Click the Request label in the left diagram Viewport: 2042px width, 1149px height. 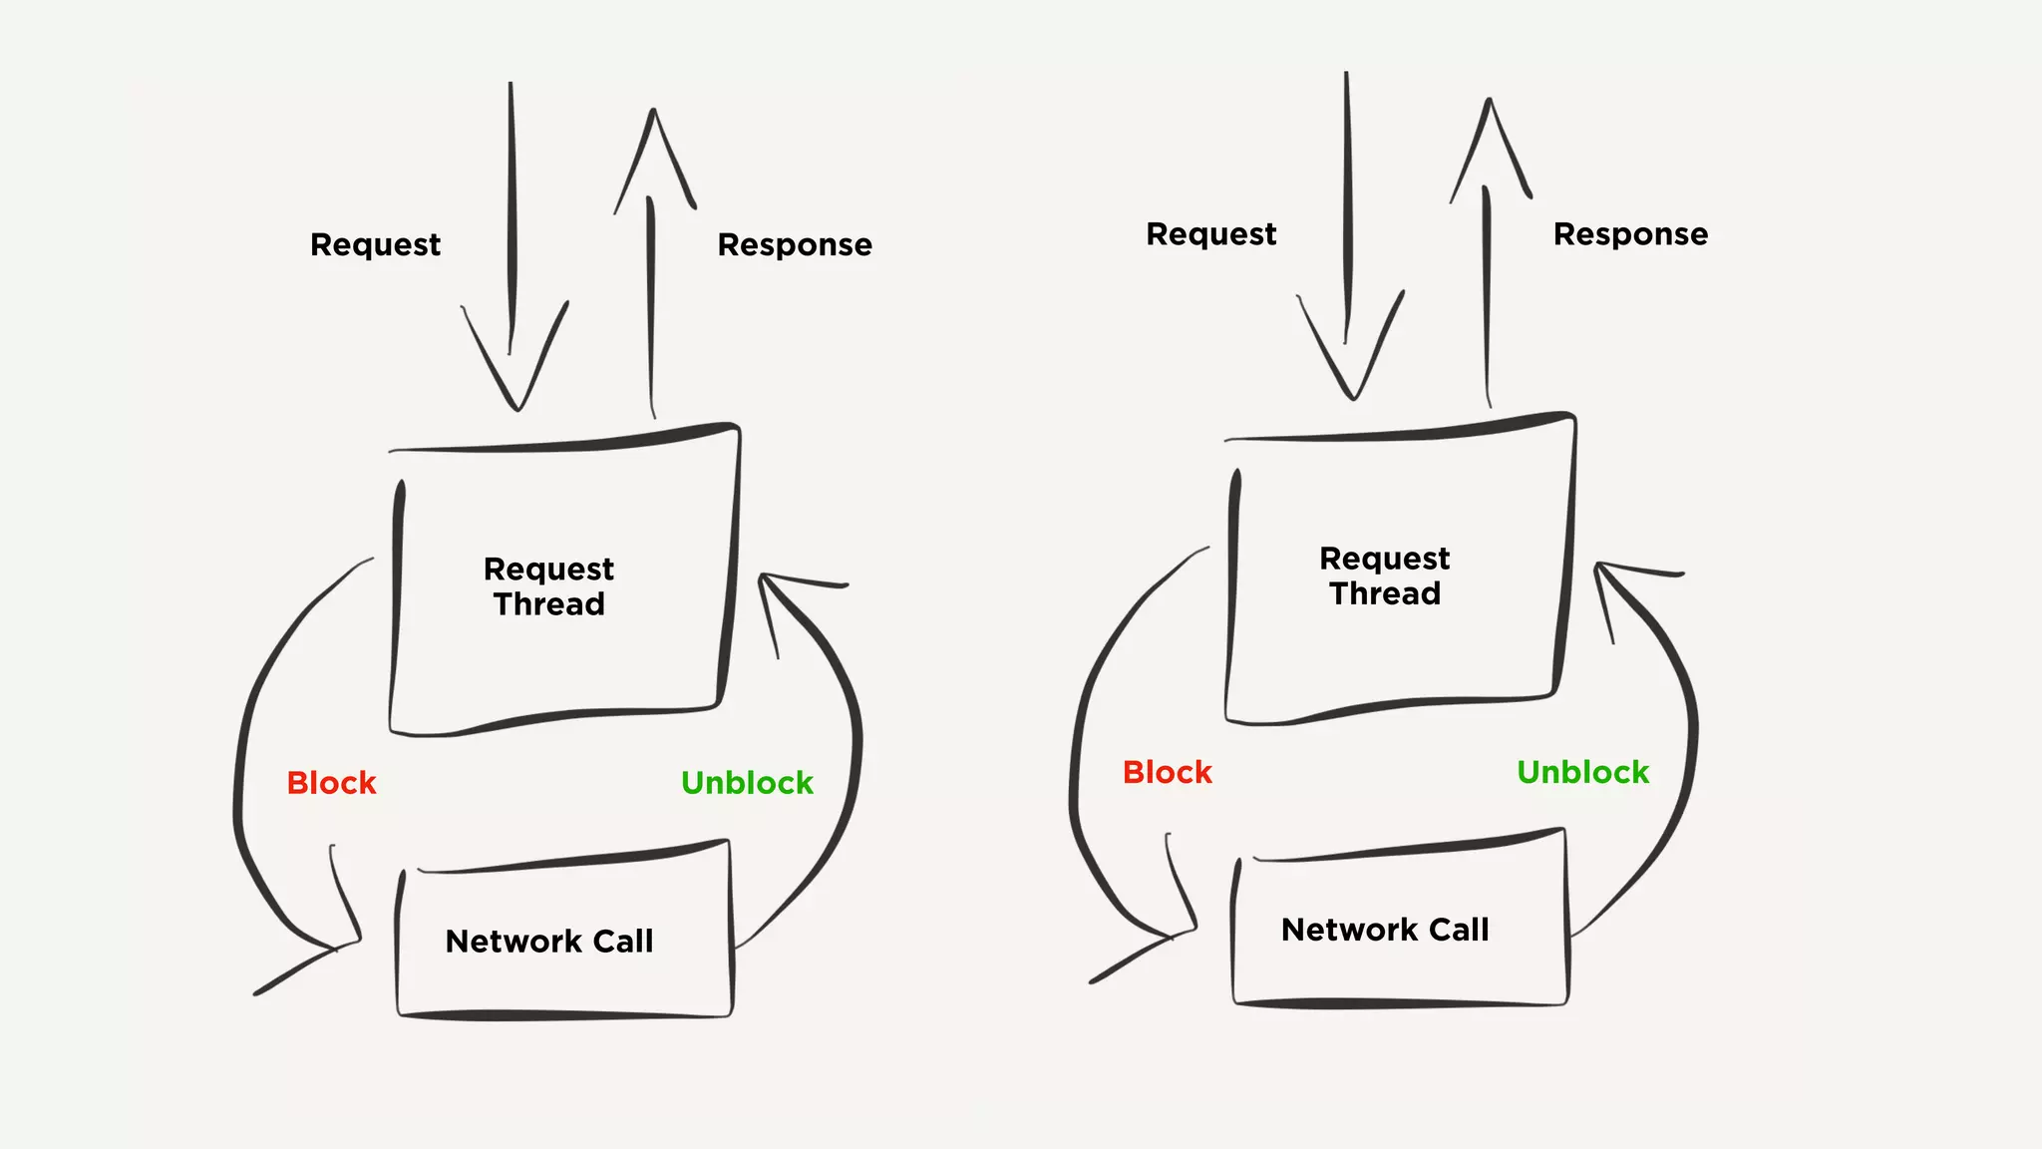tap(375, 245)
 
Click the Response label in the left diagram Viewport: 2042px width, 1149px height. tap(795, 245)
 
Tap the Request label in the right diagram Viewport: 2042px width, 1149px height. tap(1210, 234)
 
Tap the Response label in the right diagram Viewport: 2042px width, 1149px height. tap(1630, 234)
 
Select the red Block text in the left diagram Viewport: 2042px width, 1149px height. tap(331, 783)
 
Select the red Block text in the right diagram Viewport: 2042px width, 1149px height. tap(1167, 772)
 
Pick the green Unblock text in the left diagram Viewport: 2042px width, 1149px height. tap(747, 783)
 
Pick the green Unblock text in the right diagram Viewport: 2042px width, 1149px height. tap(1582, 772)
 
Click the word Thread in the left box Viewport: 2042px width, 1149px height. tap(548, 604)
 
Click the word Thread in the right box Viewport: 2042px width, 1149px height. tap(1384, 593)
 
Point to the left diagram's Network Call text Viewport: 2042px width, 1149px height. tap(548, 942)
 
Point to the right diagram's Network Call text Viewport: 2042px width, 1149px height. tap(1384, 931)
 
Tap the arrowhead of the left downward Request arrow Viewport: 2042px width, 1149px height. tap(517, 404)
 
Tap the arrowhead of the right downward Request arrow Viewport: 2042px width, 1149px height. tap(1353, 393)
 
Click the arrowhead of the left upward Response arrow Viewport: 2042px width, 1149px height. tap(653, 116)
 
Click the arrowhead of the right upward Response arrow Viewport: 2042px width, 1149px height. tap(1489, 105)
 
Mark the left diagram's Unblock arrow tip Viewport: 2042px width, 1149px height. tap(764, 577)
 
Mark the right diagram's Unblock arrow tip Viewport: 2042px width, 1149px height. tap(1599, 567)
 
